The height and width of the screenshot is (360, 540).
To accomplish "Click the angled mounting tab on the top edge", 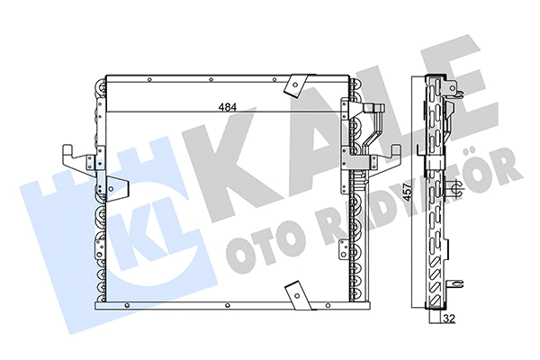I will [x=292, y=85].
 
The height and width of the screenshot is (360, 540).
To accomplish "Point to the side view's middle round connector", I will [x=455, y=189].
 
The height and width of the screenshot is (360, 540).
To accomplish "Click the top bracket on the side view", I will [x=455, y=90].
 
